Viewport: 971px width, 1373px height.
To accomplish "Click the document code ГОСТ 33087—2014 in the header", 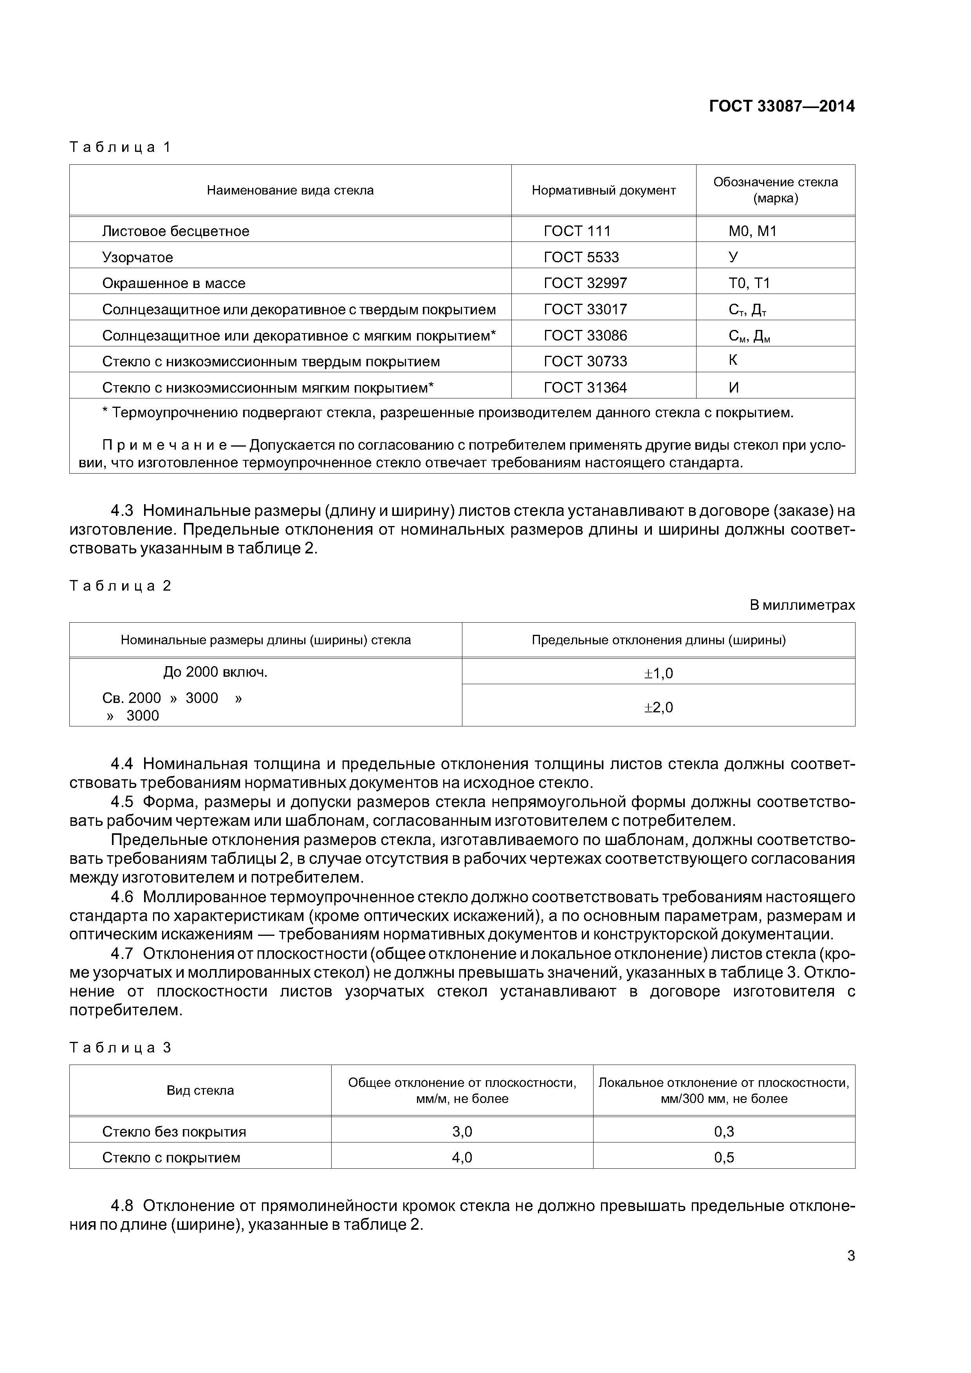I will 781,106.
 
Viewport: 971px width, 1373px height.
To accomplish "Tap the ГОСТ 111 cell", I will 577,231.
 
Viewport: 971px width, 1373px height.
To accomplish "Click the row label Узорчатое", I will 137,257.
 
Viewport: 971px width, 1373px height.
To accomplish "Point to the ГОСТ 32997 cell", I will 585,283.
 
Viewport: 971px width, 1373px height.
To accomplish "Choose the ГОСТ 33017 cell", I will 585,309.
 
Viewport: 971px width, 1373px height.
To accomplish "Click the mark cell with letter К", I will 733,360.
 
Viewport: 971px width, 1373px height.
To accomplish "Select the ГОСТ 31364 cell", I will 585,387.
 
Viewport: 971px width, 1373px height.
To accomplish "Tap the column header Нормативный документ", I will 603,190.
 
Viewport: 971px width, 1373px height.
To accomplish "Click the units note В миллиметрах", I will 802,605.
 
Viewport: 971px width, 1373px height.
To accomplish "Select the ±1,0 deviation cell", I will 658,673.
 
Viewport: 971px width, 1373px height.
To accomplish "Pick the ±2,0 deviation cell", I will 658,707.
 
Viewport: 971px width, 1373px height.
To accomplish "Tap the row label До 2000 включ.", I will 215,672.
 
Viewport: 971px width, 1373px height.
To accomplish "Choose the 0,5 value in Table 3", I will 724,1157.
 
